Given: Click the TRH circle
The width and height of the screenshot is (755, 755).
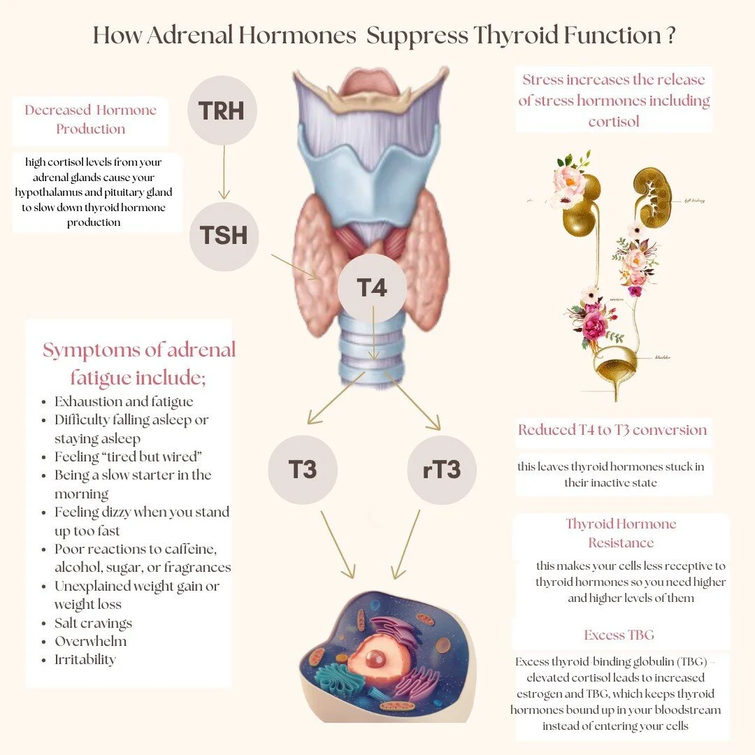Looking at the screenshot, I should pos(222,110).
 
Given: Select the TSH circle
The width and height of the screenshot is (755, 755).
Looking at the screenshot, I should pos(224,236).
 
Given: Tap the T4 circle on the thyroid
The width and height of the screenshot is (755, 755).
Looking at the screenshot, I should pos(372,287).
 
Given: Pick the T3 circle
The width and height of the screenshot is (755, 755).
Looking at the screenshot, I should pos(303,469).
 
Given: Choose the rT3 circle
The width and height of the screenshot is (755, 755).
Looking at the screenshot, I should pos(442,469).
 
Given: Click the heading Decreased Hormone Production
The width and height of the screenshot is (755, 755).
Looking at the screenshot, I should pos(91,120).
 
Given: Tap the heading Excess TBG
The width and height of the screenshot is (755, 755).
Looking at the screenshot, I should pos(619,635).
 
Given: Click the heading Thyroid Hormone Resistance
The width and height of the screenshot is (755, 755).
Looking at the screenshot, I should pos(621,533).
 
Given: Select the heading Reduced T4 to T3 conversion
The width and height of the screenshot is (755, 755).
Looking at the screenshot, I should pos(612,430).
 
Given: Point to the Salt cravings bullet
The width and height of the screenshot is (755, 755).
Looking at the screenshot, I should pos(93,623).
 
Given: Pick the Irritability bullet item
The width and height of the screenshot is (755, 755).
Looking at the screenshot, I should pos(85,659).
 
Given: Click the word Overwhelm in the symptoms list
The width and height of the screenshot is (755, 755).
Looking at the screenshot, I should pos(91,641).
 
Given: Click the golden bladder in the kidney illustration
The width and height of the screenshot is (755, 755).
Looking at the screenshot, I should pos(615,363).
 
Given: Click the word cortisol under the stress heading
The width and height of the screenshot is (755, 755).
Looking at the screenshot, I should pos(614,121).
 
